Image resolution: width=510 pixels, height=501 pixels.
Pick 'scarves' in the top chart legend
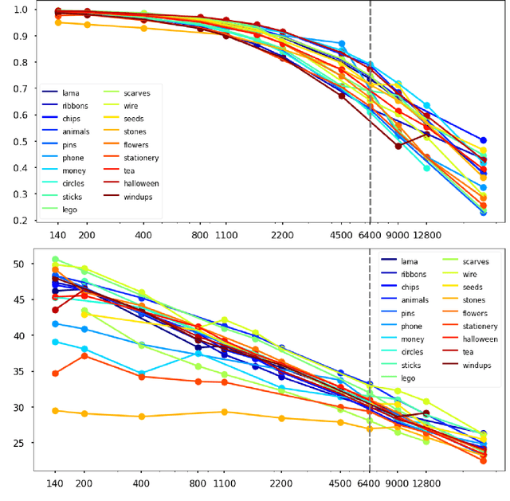136,92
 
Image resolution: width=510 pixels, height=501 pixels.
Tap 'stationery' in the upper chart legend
141,158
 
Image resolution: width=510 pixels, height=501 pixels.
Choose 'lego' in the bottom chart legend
409,378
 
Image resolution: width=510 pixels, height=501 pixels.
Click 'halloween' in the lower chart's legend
479,339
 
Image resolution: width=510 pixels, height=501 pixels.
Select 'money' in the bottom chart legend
410,339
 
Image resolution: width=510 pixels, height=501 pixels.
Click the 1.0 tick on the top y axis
19,10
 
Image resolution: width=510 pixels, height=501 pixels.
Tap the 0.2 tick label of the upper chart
19,221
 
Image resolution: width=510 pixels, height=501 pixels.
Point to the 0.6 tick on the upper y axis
19,115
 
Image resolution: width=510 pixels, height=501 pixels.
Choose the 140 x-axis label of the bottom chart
55,483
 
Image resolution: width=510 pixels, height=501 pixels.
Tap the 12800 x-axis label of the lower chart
426,483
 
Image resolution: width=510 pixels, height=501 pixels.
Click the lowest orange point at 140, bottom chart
56,411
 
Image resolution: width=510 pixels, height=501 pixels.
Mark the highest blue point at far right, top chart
484,140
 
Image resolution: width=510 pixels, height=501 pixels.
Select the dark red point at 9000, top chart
398,146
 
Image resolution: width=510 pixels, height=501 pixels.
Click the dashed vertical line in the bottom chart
370,446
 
